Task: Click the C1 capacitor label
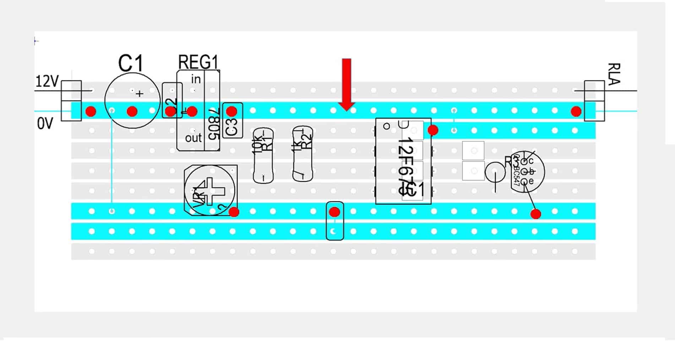pos(130,64)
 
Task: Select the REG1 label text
pos(198,62)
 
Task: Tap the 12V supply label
pos(47,82)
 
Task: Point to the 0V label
pos(45,124)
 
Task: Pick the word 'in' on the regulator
pos(196,79)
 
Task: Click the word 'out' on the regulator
pos(193,138)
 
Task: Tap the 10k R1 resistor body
pos(263,156)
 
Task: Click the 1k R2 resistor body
pos(303,154)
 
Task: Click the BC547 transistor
pos(527,171)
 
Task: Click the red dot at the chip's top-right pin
pos(433,130)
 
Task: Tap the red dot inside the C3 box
pos(232,111)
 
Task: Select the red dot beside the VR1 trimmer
pos(234,212)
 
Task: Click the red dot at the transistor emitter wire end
pos(536,214)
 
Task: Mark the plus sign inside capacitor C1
pos(140,94)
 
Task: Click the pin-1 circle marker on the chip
pos(387,126)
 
